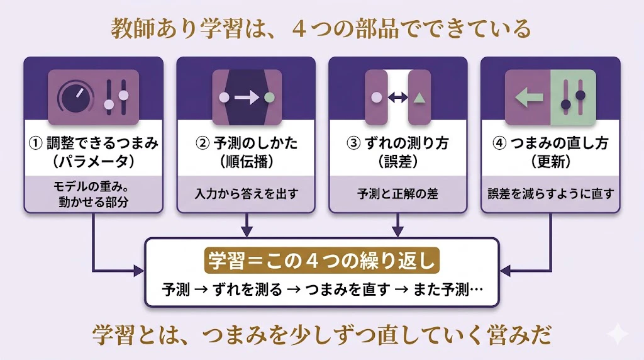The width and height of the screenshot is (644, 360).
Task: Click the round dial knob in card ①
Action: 77,98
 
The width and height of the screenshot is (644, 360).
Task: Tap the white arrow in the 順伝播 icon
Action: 247,98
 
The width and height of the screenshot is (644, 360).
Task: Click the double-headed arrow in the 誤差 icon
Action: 398,98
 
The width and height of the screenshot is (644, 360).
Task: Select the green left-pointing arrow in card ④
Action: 529,98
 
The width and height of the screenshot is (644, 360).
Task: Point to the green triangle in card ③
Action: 419,98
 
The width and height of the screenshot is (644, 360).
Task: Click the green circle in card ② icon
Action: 269,98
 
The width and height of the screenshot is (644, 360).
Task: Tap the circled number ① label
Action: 36,143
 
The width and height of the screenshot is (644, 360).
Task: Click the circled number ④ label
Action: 499,143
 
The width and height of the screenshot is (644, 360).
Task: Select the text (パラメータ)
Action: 94,162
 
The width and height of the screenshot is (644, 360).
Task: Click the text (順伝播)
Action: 247,162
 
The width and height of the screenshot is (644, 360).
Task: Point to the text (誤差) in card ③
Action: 398,162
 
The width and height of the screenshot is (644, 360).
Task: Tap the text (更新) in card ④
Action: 551,162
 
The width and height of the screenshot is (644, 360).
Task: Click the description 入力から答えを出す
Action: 247,194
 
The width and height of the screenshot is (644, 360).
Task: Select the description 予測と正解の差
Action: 398,194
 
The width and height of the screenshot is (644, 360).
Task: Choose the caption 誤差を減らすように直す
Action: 551,194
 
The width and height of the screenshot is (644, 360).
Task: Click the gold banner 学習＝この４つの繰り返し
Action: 321,260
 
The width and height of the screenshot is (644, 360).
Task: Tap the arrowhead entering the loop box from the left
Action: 139,271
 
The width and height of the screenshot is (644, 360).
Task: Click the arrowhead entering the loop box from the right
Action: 505,271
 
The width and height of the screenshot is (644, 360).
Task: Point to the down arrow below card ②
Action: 247,225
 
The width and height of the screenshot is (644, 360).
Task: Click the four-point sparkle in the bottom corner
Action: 618,334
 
